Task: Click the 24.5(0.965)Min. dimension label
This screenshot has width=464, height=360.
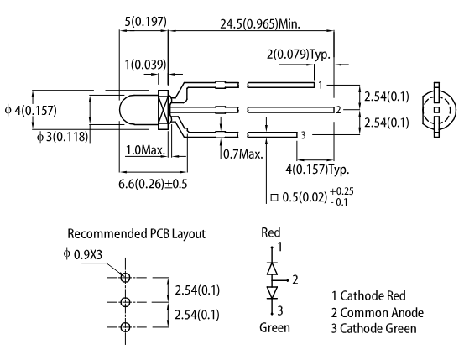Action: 260,24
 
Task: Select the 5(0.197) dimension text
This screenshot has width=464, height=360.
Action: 146,22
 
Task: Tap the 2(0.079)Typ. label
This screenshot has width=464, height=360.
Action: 299,55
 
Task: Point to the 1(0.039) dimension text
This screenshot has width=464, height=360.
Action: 146,65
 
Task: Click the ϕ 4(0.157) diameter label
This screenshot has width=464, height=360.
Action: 30,111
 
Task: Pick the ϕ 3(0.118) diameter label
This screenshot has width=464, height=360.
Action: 62,137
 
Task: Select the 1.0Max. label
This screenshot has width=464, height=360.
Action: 146,150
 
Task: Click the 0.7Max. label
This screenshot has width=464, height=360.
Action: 243,154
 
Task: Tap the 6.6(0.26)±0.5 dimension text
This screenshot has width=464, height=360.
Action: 153,184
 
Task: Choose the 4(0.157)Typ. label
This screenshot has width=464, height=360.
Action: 317,170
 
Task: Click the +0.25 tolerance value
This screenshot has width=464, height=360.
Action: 341,191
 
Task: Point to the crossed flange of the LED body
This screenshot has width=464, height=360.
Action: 164,110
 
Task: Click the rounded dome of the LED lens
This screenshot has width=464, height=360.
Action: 138,110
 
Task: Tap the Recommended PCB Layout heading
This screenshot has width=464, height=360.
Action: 137,233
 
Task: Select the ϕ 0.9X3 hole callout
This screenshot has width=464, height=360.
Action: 83,254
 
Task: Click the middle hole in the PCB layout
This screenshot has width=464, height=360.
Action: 126,302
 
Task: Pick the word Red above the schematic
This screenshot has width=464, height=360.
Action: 271,232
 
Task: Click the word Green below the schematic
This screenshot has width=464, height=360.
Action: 274,328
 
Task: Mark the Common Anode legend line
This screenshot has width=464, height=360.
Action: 378,313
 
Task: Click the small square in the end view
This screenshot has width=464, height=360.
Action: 436,110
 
